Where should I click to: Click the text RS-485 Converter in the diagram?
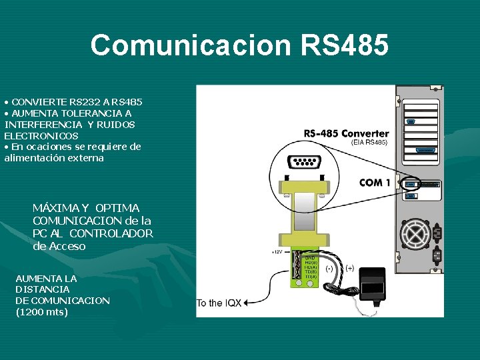346,133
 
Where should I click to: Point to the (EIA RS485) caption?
369,143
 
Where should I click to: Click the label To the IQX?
219,303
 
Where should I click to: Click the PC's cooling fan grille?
415,235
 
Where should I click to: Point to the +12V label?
277,252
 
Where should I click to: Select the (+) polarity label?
349,268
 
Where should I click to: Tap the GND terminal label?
310,257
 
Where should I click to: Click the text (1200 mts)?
41,311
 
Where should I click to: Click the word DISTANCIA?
42,289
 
